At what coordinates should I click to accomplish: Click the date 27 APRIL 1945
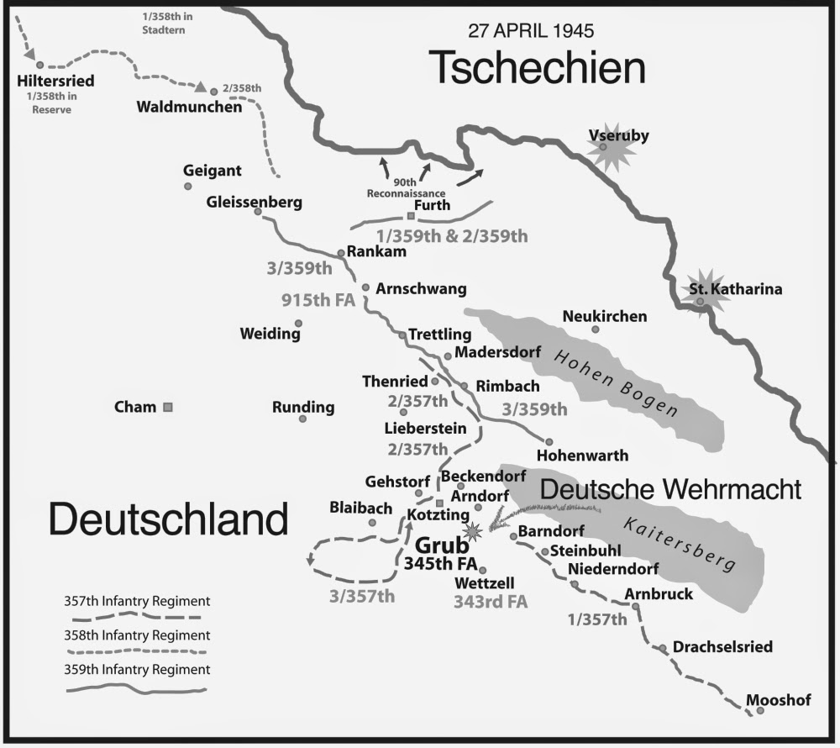tap(531, 32)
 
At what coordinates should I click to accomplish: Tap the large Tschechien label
tap(537, 67)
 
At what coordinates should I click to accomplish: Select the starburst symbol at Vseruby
tap(602, 150)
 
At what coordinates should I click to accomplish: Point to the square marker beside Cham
tap(168, 408)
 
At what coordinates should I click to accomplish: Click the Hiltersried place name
tap(55, 82)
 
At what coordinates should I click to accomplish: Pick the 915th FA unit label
tap(318, 299)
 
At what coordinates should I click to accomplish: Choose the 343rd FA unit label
tap(490, 602)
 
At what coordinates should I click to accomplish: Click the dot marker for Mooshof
tap(760, 711)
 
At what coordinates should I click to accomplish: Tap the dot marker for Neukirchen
tap(595, 329)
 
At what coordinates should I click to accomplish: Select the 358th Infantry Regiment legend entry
tap(137, 635)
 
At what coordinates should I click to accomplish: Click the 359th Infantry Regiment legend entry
tap(137, 670)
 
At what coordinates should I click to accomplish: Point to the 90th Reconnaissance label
tap(406, 187)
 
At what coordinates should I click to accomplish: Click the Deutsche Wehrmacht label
tap(669, 489)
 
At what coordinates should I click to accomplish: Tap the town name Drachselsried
tap(720, 647)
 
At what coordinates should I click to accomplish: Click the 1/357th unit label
tap(597, 621)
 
